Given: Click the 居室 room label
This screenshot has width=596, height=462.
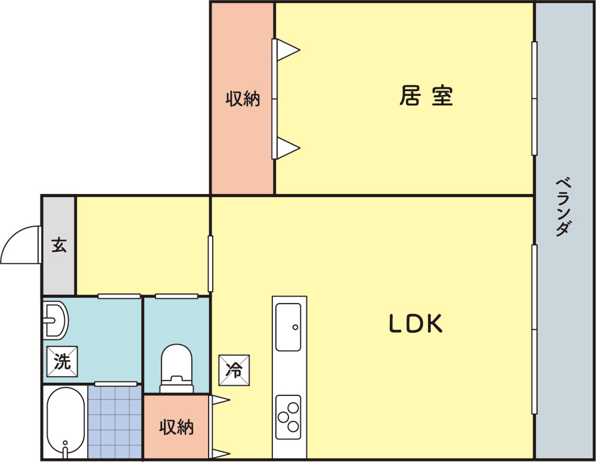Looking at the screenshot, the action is pyautogui.click(x=426, y=96).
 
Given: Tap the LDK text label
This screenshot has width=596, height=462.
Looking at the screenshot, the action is pyautogui.click(x=416, y=324).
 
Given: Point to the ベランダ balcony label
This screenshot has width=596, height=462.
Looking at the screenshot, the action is pyautogui.click(x=563, y=207).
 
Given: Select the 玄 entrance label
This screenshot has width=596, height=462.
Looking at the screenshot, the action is pyautogui.click(x=59, y=245).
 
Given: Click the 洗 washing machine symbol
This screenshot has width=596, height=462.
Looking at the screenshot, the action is pyautogui.click(x=62, y=361).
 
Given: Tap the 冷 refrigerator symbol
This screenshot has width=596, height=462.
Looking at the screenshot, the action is pyautogui.click(x=234, y=370).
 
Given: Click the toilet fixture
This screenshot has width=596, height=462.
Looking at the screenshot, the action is pyautogui.click(x=176, y=369).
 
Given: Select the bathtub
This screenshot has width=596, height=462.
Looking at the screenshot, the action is pyautogui.click(x=66, y=422).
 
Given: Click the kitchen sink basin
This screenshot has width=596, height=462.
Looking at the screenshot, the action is pyautogui.click(x=288, y=327).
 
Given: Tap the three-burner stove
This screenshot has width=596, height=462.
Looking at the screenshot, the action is pyautogui.click(x=288, y=417).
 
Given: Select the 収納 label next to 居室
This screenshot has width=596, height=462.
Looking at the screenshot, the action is pyautogui.click(x=243, y=99).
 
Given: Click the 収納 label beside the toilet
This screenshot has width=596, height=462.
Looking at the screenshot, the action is pyautogui.click(x=176, y=427).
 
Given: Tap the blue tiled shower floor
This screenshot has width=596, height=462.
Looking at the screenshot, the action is pyautogui.click(x=115, y=422).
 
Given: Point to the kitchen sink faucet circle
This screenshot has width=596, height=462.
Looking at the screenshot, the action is pyautogui.click(x=296, y=327).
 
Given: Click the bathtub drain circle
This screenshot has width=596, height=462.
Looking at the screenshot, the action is pyautogui.click(x=66, y=442).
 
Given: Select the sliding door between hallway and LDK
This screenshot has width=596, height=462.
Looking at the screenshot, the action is pyautogui.click(x=210, y=264).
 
